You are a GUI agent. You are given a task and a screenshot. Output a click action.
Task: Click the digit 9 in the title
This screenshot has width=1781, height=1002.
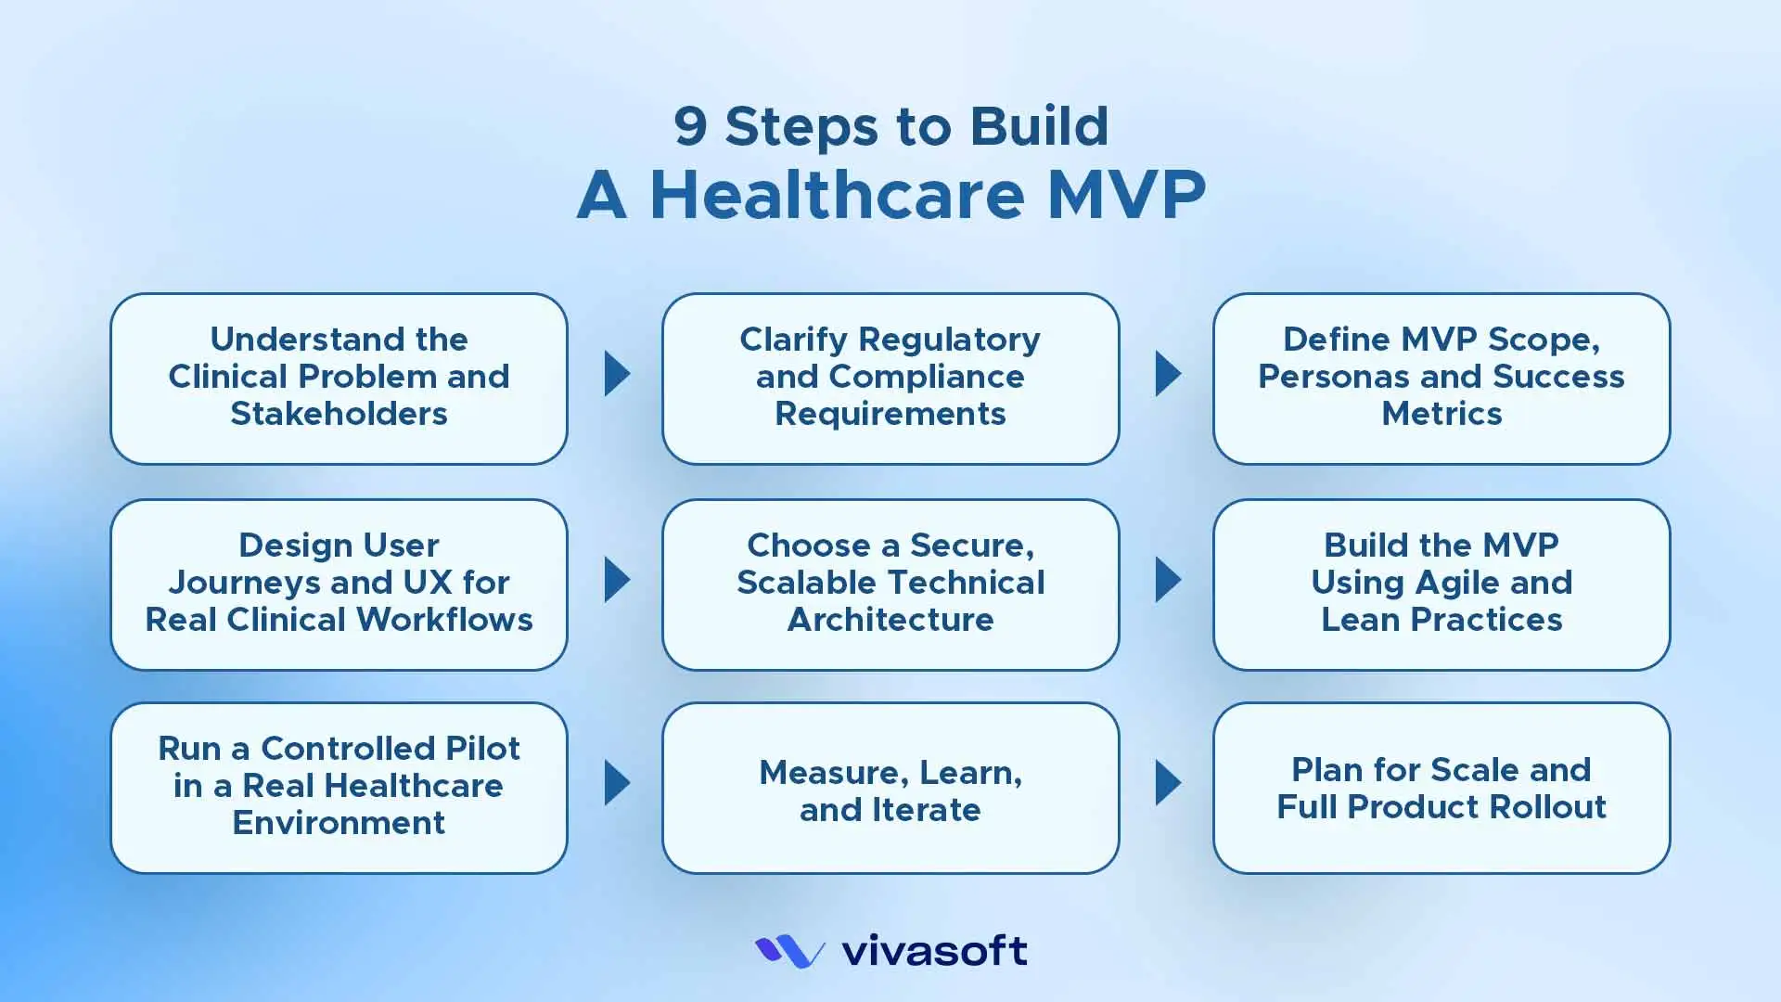coord(690,127)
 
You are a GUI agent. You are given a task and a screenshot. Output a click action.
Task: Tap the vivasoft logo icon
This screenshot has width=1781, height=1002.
coord(789,951)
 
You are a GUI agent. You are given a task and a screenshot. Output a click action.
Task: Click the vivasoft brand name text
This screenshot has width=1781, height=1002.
coord(934,951)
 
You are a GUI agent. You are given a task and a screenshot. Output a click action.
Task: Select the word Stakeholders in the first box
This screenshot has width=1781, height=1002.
coord(339,414)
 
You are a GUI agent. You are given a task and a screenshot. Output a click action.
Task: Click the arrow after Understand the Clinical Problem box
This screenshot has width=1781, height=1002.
coord(616,374)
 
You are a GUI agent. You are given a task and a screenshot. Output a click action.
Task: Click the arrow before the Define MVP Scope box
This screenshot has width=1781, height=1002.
coord(1167,374)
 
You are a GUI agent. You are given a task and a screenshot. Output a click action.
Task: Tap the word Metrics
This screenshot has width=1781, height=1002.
coord(1441,414)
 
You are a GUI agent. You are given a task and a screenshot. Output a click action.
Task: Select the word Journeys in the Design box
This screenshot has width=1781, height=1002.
coord(244,583)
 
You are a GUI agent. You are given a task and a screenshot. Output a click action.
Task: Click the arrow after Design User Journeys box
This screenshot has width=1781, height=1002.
coord(616,580)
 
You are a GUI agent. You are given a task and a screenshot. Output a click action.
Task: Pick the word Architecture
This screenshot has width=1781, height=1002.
coord(890,620)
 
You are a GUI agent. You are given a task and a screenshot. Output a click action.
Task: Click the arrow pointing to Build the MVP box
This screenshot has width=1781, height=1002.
coord(1167,580)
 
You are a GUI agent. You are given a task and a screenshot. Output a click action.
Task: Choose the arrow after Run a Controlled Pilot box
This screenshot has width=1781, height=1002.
coord(616,783)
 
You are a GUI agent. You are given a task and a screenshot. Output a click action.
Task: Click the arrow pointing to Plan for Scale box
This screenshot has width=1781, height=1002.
coord(1167,783)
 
